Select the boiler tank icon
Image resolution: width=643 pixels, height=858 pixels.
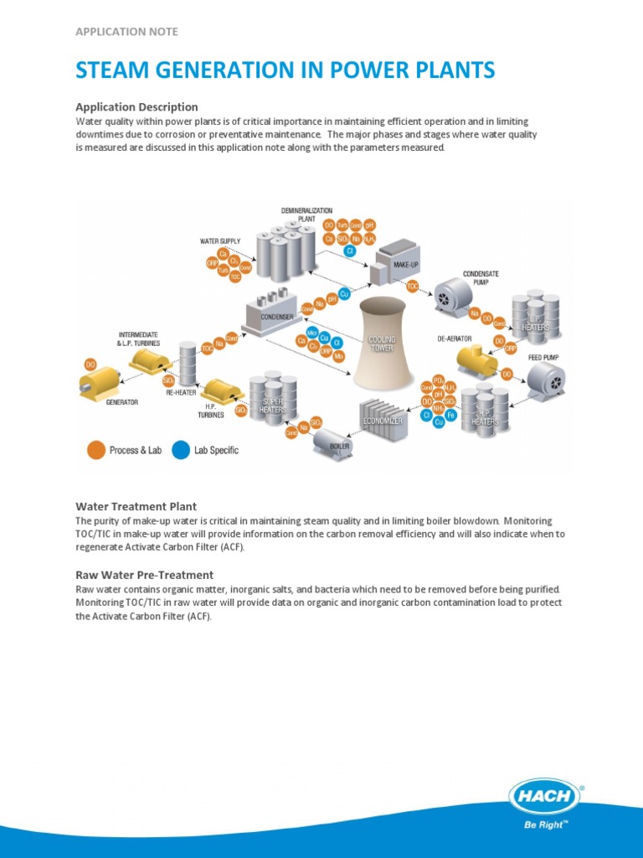[x=332, y=446]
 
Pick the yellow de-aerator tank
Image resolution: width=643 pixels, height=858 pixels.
[x=476, y=360]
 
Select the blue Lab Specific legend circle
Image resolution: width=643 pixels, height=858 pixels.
[x=180, y=450]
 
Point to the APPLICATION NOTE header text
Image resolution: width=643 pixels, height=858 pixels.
[x=126, y=32]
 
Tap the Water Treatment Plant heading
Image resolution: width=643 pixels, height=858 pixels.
[x=136, y=506]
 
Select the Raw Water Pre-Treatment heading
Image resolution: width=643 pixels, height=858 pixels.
[x=144, y=575]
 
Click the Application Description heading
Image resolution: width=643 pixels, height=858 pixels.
[x=136, y=106]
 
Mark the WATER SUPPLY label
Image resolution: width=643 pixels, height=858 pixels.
[x=220, y=240]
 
